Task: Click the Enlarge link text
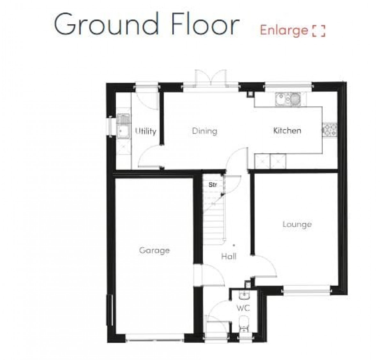coord(284,31)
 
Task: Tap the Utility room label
coord(146,131)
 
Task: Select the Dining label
coord(205,131)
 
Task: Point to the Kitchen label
coord(287,131)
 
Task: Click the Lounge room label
coord(297,224)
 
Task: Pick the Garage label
coord(154,251)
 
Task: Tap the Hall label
coord(229,256)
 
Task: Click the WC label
coord(243,308)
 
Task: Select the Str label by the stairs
coord(213,185)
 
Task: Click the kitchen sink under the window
coord(288,99)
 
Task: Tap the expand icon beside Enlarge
coord(319,31)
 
